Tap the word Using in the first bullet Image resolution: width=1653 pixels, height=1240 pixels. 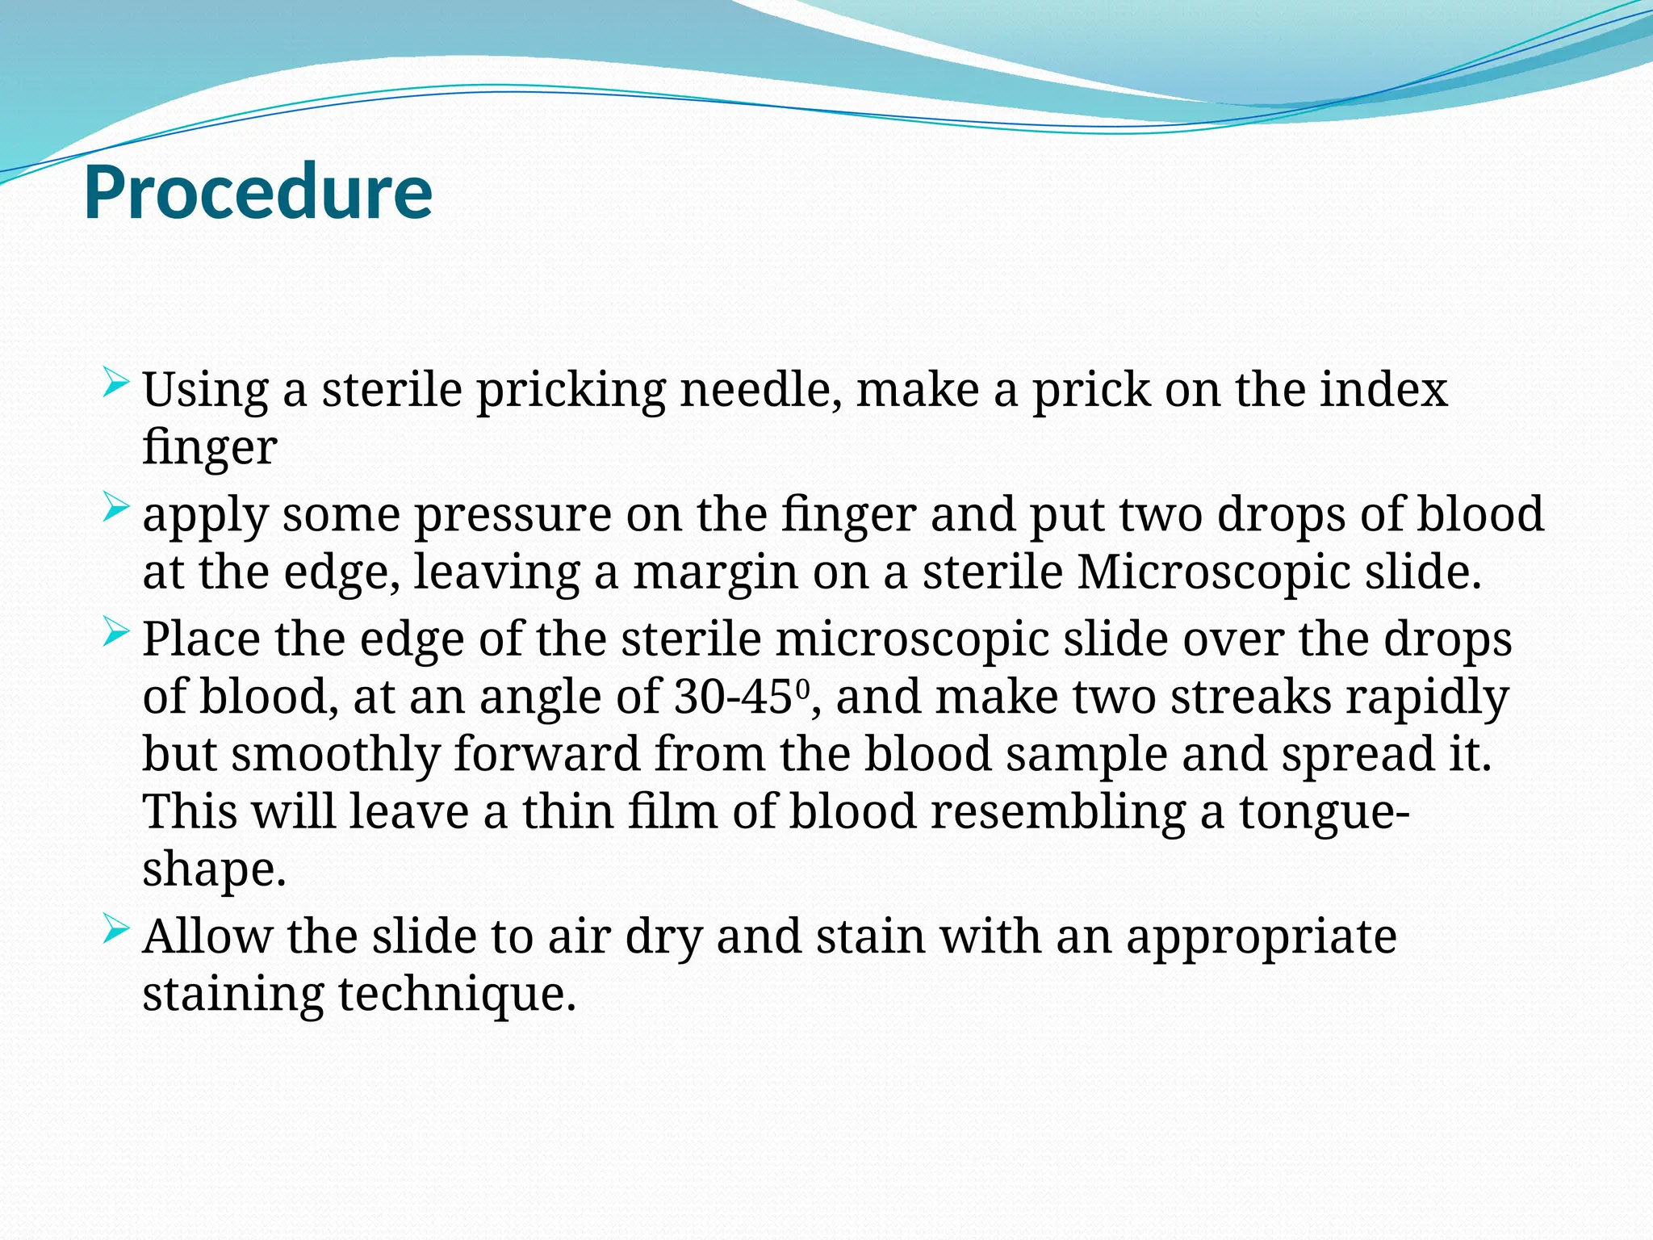(x=205, y=390)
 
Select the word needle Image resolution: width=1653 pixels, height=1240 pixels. (x=762, y=390)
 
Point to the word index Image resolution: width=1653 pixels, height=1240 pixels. (x=1383, y=390)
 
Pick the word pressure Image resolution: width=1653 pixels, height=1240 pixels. (x=513, y=514)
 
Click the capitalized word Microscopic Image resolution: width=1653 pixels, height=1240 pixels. (x=1213, y=572)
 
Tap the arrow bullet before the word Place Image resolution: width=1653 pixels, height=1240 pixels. (x=115, y=633)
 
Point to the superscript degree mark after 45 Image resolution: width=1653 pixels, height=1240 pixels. (x=802, y=689)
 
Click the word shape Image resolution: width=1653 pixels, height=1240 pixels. (x=214, y=871)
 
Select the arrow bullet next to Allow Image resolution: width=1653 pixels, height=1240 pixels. (x=115, y=931)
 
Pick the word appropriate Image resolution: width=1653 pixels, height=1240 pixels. (x=1261, y=938)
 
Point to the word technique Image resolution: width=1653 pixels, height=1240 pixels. (x=456, y=995)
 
